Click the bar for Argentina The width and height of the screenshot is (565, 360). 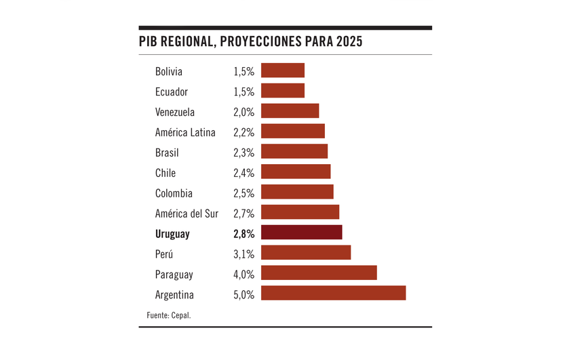(x=333, y=293)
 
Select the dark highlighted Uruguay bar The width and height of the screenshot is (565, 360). (x=301, y=233)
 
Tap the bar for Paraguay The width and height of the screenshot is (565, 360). (x=319, y=273)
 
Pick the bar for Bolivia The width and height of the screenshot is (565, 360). (x=282, y=71)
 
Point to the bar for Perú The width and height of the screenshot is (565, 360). (x=305, y=252)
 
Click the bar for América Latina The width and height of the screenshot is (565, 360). (x=292, y=132)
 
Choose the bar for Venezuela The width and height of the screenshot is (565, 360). (x=290, y=111)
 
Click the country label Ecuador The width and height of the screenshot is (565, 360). (x=171, y=92)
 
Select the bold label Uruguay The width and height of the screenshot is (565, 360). (x=172, y=234)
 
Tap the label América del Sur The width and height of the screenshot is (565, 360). (x=187, y=214)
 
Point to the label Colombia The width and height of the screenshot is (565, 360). (x=174, y=193)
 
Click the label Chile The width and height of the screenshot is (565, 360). (x=165, y=173)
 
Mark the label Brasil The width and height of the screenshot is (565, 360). (x=167, y=153)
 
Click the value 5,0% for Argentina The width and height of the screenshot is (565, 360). (x=243, y=295)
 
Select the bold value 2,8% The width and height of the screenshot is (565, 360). (x=243, y=234)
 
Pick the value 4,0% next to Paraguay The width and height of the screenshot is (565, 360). (x=243, y=275)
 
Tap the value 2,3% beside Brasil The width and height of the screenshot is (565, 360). (x=243, y=153)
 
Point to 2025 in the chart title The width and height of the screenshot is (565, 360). (x=348, y=41)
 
